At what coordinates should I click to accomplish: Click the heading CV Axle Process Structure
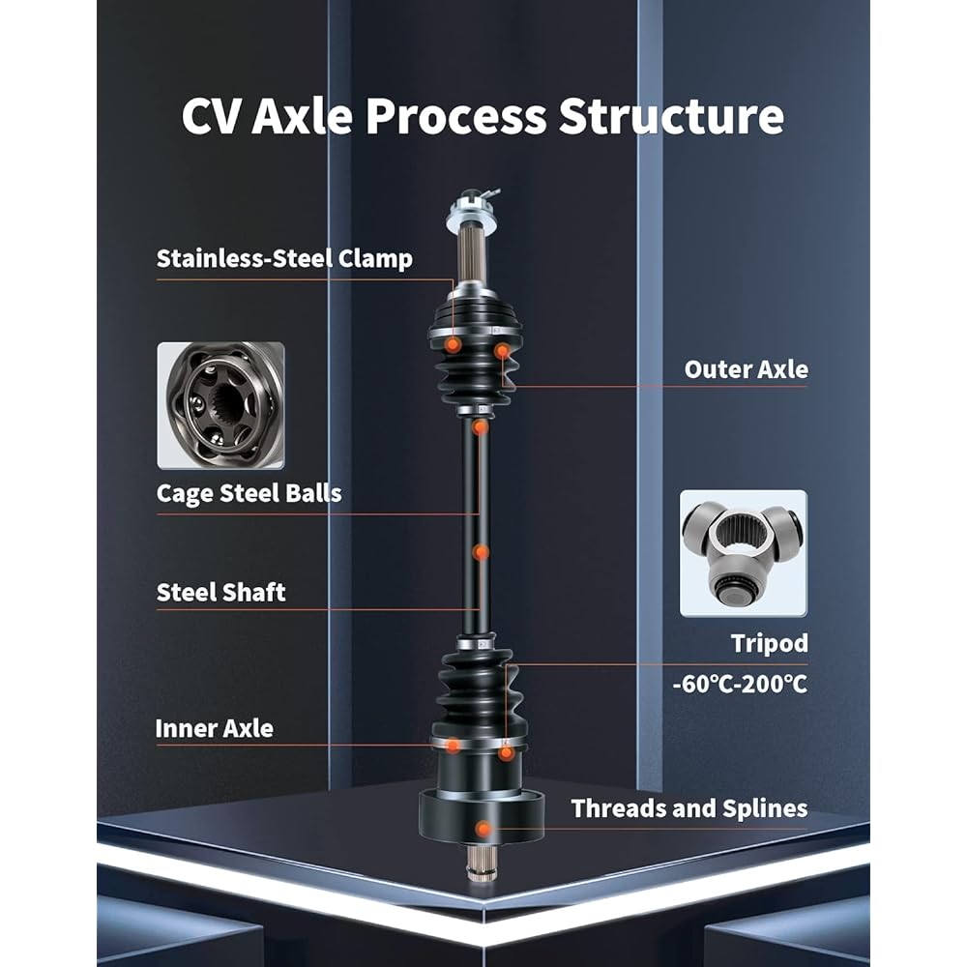point(483,116)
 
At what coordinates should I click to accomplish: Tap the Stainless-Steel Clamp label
point(284,258)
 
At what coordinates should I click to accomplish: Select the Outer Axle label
point(746,369)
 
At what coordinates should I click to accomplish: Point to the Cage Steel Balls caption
point(249,493)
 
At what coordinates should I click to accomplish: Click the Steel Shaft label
point(220,592)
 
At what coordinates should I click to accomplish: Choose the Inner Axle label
point(214,728)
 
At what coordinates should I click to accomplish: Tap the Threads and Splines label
point(689,808)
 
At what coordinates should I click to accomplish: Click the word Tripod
point(769,644)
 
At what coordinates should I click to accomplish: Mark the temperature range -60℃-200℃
point(740,684)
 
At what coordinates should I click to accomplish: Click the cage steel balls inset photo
point(220,406)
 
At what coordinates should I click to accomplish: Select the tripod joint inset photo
point(743,553)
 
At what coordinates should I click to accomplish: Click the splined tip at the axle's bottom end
point(481,863)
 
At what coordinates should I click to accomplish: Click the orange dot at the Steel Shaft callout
point(481,552)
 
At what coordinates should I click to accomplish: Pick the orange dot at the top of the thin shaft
point(481,426)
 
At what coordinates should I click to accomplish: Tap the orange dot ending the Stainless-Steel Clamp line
point(453,344)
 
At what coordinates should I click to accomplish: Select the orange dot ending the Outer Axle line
point(503,351)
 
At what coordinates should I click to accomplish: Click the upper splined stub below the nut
point(473,258)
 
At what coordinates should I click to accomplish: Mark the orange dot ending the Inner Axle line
point(454,746)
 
